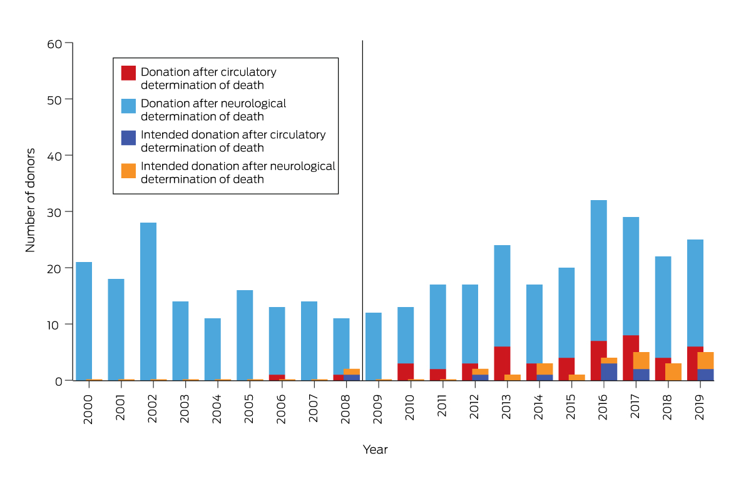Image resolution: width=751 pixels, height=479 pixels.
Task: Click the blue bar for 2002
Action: coord(148,300)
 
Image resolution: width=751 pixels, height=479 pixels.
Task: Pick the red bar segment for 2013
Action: coord(503,363)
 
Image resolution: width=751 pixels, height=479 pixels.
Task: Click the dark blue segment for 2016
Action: coord(609,371)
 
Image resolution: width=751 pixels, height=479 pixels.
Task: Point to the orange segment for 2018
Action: coord(673,371)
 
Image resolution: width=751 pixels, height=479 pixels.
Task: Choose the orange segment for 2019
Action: coord(705,360)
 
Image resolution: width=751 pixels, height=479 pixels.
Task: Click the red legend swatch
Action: coord(128,73)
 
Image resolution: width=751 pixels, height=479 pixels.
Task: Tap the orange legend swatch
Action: coord(128,170)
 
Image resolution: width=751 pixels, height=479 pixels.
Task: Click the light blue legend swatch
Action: coord(128,106)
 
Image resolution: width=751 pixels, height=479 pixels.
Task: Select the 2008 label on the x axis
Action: coord(345,409)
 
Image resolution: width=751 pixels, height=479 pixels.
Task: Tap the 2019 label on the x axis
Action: coord(699,409)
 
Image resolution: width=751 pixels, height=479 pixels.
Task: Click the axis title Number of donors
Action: coord(30,200)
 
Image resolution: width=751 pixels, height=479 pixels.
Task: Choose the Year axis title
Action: coord(375,450)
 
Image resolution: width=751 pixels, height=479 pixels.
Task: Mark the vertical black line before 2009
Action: coord(362,188)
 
